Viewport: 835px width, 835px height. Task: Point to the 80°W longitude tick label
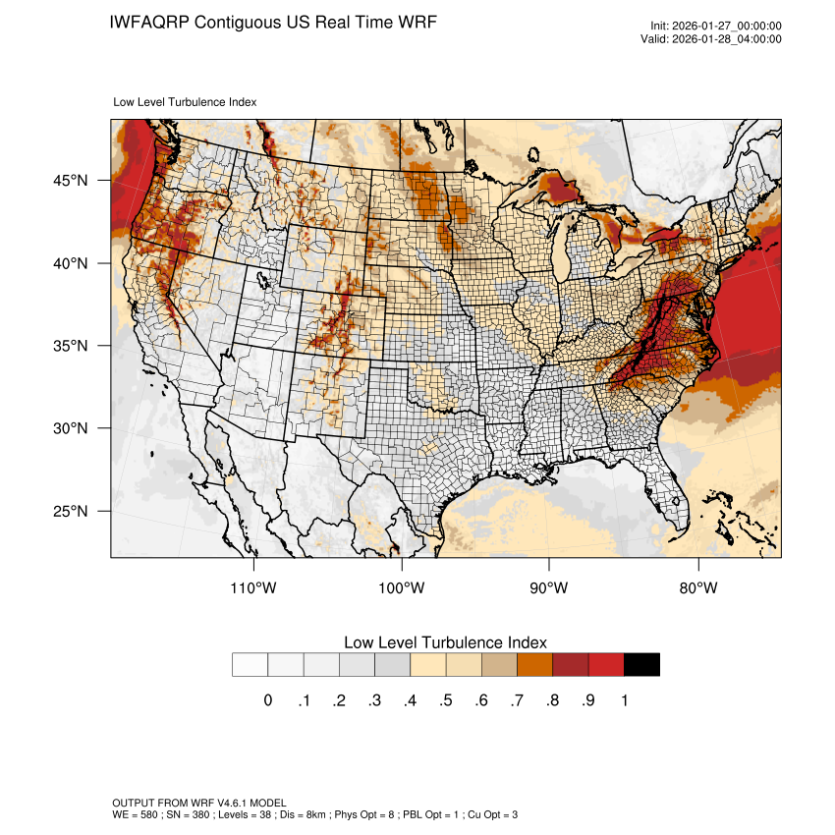coord(698,588)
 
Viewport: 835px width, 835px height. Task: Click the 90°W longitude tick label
coord(550,588)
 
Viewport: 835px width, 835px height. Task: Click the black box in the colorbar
coord(641,665)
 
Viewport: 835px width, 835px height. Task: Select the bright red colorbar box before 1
coord(606,665)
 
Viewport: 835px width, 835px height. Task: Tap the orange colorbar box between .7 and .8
coord(534,665)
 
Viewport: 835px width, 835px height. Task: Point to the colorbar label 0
coord(267,700)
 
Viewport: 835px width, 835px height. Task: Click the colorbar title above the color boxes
coord(445,641)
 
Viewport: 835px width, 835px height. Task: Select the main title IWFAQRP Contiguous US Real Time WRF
coord(273,22)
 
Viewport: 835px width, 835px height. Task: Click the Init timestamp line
coord(716,27)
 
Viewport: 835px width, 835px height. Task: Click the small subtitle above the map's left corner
coord(186,101)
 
